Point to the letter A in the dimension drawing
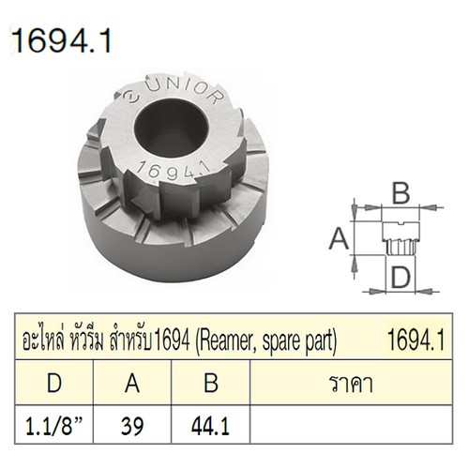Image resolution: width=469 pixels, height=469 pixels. tap(335, 240)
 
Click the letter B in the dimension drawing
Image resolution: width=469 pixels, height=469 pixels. tap(401, 194)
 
